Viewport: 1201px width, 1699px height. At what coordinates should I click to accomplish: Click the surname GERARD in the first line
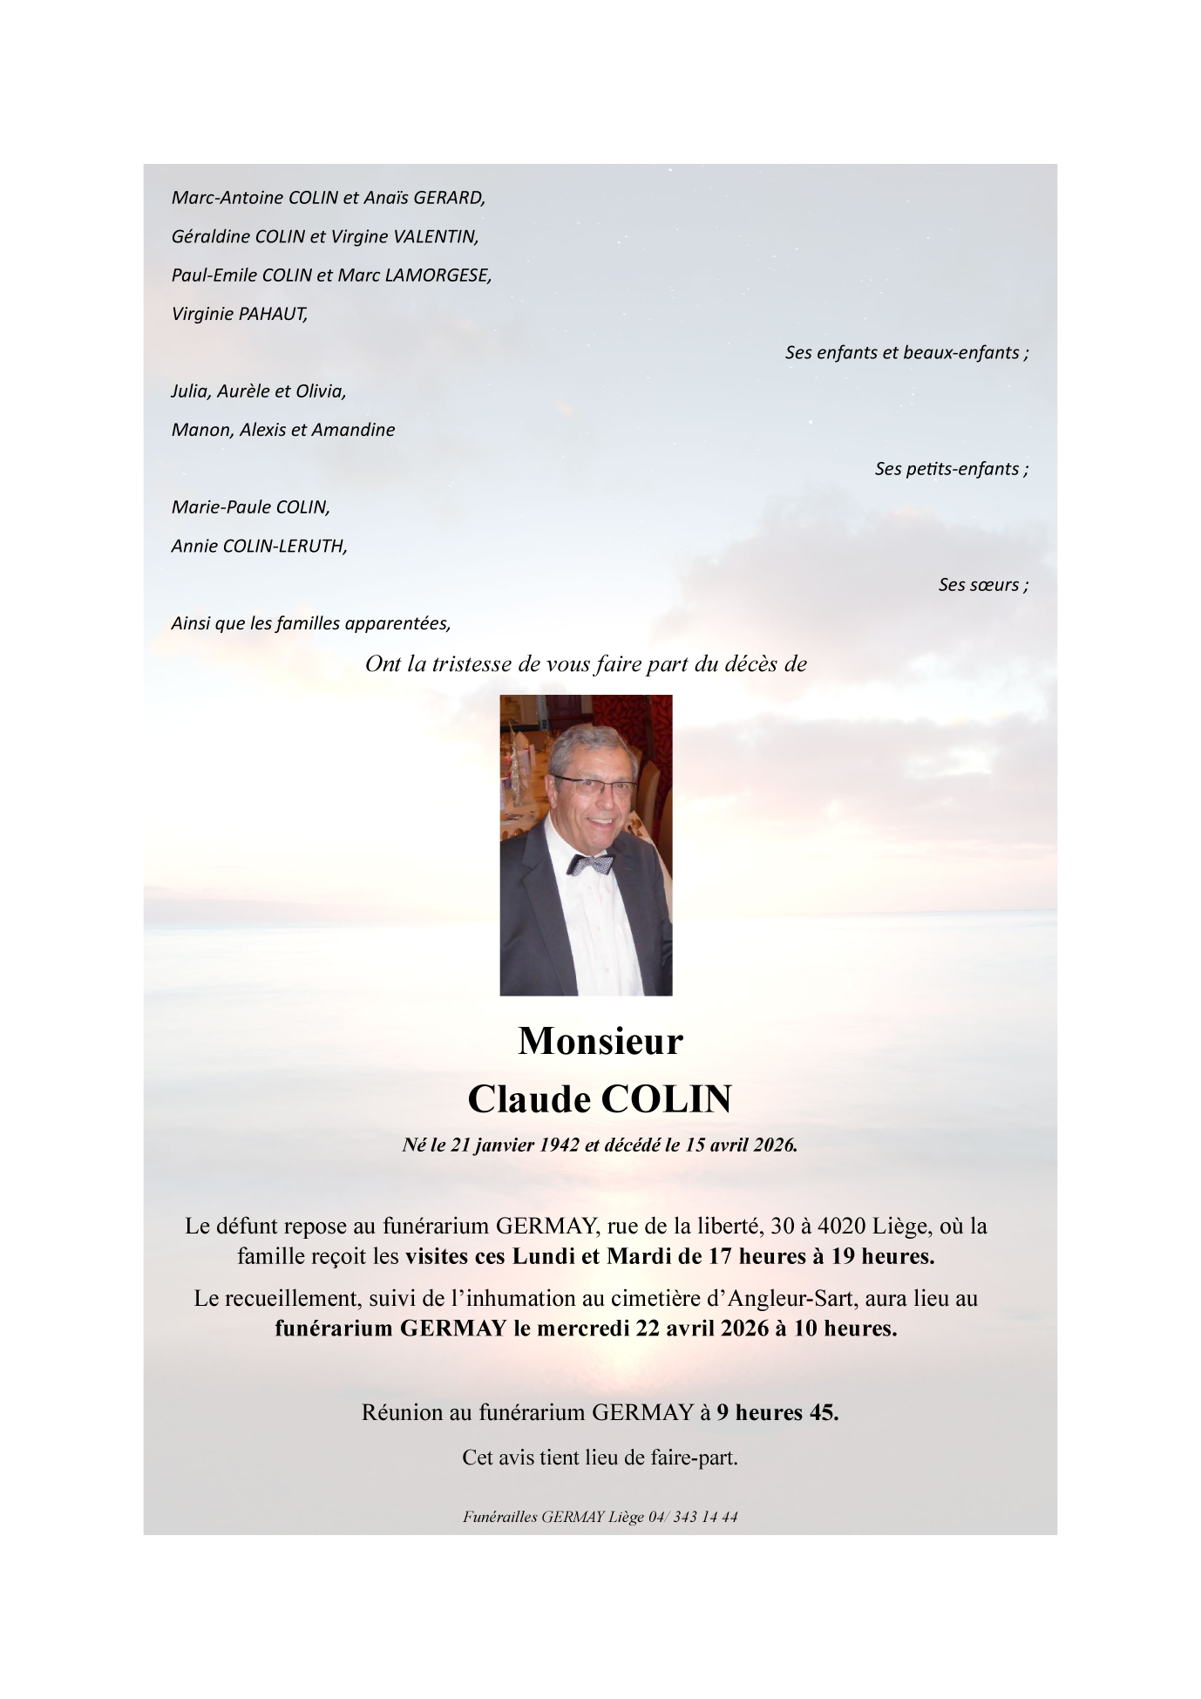click(x=449, y=198)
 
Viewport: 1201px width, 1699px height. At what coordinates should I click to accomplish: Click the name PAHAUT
click(x=273, y=314)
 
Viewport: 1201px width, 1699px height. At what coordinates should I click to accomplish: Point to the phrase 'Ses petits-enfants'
click(x=949, y=469)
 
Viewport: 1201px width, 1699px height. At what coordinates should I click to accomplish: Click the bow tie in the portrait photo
click(x=592, y=864)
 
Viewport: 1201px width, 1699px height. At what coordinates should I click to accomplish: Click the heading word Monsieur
click(x=600, y=1042)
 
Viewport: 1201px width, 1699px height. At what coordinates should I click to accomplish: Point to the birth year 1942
click(x=560, y=1145)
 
